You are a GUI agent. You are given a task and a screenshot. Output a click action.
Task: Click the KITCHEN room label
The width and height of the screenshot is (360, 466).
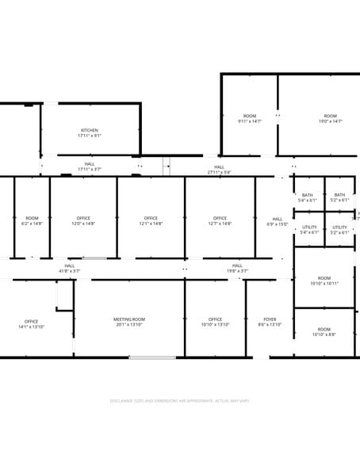point(90,130)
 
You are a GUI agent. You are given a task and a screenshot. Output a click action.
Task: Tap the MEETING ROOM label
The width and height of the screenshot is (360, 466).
point(128,319)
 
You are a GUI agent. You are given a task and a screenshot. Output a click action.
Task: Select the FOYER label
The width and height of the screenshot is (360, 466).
point(270,319)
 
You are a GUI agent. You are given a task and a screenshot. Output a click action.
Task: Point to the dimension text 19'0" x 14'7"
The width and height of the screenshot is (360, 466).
point(330,121)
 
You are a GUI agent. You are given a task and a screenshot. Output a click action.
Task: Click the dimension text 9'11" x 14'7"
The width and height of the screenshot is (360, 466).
point(250,121)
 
